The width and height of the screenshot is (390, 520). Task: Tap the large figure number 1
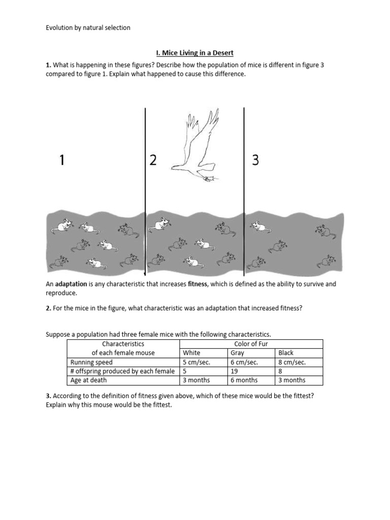(61, 160)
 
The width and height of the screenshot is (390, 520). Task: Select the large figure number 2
(153, 160)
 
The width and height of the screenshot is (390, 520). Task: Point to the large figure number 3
(255, 160)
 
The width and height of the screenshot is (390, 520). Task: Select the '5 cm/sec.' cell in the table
(196, 362)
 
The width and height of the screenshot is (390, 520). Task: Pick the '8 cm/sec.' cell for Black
(292, 362)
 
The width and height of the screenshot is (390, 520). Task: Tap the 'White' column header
(191, 353)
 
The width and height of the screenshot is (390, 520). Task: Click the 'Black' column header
(286, 353)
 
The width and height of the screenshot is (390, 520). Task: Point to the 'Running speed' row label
(91, 362)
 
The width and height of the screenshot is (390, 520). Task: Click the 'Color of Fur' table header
(251, 344)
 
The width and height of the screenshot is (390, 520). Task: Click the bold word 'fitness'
(198, 284)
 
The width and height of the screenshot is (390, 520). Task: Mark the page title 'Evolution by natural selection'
(88, 28)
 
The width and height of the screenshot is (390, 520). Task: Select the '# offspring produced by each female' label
(122, 371)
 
